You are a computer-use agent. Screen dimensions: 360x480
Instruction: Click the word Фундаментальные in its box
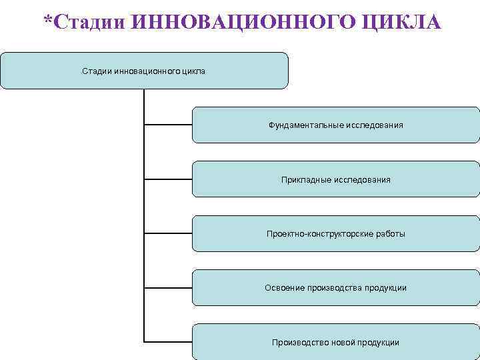(305, 125)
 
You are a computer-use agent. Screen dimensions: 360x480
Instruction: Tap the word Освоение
(285, 288)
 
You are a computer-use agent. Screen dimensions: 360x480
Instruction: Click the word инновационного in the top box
(147, 71)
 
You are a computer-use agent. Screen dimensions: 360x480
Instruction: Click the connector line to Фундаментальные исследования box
(168, 125)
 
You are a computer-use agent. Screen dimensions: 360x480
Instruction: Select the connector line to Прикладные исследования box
(168, 179)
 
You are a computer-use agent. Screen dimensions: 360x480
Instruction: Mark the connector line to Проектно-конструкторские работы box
(168, 233)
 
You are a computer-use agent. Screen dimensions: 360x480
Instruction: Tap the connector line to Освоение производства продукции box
(168, 287)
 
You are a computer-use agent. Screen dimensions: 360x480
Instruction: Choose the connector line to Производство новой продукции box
(168, 341)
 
